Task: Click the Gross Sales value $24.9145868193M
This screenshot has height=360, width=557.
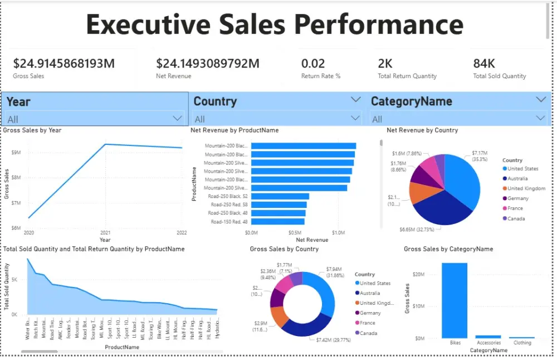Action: [64, 64]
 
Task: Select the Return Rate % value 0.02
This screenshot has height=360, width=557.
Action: [313, 64]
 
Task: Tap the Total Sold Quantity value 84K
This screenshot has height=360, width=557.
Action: [484, 64]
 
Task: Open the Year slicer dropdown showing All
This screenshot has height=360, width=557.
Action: [178, 118]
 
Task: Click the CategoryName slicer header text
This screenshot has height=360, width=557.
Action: [411, 101]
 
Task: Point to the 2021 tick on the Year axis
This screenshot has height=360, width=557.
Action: [105, 232]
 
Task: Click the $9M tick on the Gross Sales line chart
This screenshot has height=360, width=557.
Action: [16, 152]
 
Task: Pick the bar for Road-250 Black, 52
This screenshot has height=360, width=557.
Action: [280, 196]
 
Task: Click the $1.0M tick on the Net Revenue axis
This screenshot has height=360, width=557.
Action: [338, 232]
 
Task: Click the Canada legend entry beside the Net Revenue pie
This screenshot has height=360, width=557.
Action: [516, 218]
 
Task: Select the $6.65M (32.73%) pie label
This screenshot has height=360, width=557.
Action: [420, 229]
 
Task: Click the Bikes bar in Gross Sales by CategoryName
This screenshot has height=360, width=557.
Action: [455, 301]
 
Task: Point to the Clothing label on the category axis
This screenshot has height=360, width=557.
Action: [522, 343]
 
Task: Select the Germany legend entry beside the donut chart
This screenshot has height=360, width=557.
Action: [370, 313]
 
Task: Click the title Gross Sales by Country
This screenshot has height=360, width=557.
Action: [284, 249]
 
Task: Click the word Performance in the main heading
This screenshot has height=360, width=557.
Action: [379, 25]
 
